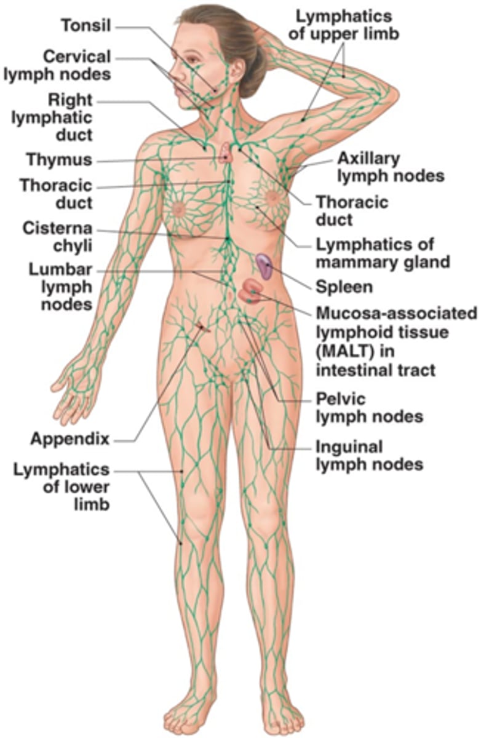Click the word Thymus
click(59, 160)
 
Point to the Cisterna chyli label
click(57, 237)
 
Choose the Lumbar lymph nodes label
click(60, 287)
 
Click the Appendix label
click(70, 439)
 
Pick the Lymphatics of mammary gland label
click(383, 253)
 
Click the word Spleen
click(344, 287)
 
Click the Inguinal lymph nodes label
click(369, 454)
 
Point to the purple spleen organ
click(265, 266)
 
